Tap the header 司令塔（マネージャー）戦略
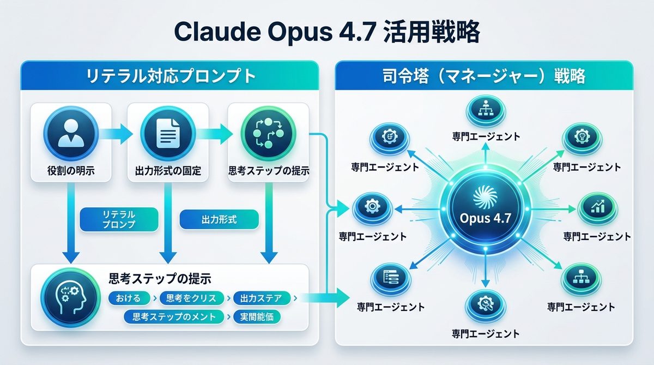(484, 76)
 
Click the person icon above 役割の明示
(71, 133)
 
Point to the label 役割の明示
(71, 171)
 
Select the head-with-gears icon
(67, 297)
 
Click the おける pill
(129, 298)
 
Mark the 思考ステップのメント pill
(174, 316)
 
